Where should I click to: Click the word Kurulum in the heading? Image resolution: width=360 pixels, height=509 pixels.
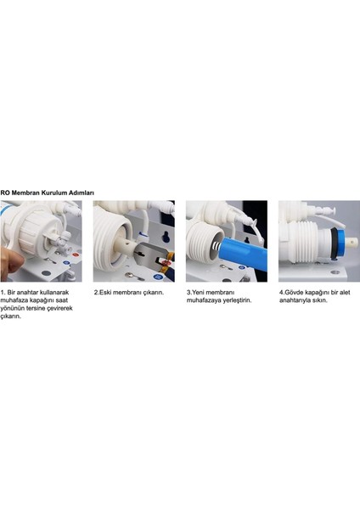pyautogui.click(x=53, y=193)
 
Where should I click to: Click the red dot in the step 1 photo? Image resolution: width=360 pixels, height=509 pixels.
pyautogui.click(x=76, y=255)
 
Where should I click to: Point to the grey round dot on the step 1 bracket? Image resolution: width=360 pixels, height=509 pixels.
pyautogui.click(x=46, y=273)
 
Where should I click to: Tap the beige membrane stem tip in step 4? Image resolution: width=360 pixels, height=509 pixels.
pyautogui.click(x=352, y=242)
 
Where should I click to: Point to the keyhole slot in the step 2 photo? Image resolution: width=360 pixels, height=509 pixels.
pyautogui.click(x=166, y=237)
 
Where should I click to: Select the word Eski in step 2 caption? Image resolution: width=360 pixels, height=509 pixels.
pyautogui.click(x=105, y=292)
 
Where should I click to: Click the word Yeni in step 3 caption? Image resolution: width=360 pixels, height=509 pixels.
pyautogui.click(x=197, y=292)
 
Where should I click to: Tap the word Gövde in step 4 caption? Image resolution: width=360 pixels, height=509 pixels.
pyautogui.click(x=294, y=292)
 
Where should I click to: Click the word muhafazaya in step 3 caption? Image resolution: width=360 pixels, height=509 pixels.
pyautogui.click(x=204, y=300)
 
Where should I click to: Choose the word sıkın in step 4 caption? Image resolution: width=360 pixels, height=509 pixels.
pyautogui.click(x=320, y=300)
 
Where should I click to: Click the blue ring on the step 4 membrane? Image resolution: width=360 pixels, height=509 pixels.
pyautogui.click(x=340, y=242)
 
